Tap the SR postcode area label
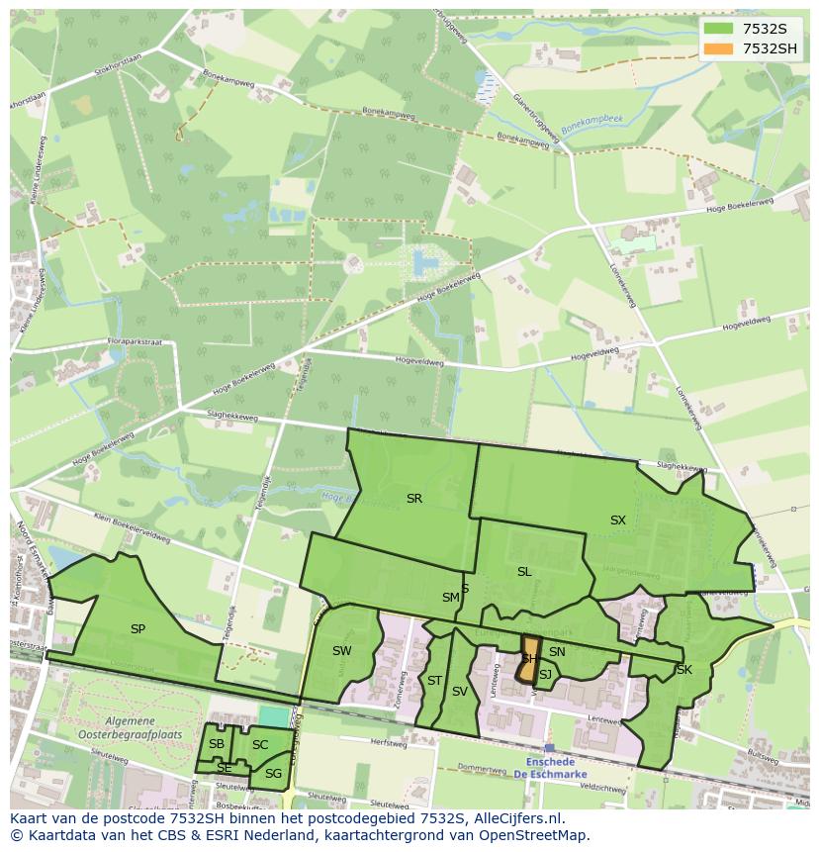pos(414,499)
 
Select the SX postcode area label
pos(618,521)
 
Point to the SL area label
pos(524,572)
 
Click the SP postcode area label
pos(137,629)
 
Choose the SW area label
pos(342,651)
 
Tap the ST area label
pos(434,681)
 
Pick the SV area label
pos(459,692)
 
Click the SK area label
pos(684,670)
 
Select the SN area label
pos(557,652)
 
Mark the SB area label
pos(217,744)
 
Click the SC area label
pos(260,745)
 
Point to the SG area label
pos(273,774)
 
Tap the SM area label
pos(450,598)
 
